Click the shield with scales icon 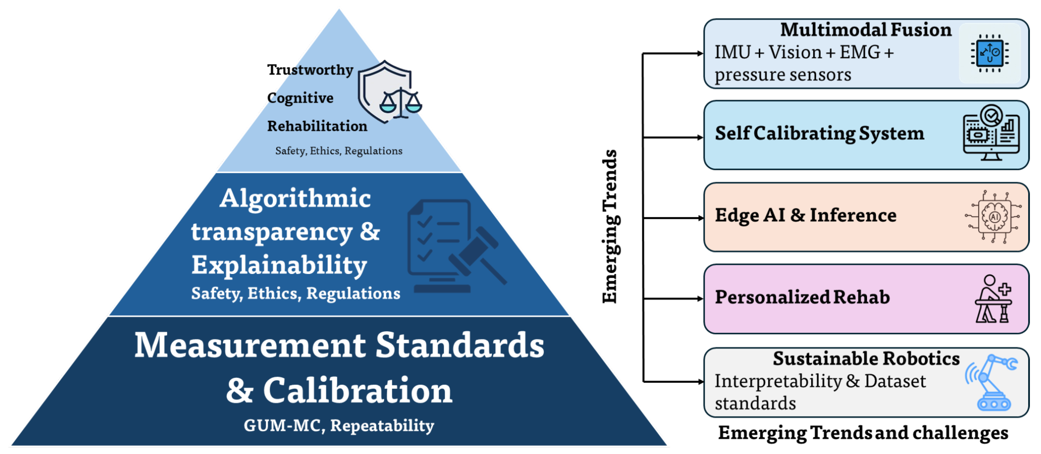coord(389,92)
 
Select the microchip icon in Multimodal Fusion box coord(989,53)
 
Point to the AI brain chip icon coord(993,217)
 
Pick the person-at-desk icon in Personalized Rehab coord(993,299)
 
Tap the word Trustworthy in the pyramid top coord(310,70)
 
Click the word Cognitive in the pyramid coord(300,98)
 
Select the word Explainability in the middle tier coord(279,265)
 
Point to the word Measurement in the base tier coord(250,346)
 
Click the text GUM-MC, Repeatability coord(339,425)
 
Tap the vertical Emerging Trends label coord(609,226)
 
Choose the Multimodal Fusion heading coord(866,30)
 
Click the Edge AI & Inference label coord(805,215)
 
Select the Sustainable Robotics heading coord(866,359)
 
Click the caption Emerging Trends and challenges coord(863,432)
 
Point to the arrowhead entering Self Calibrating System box coord(700,137)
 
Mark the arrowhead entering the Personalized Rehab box coord(700,299)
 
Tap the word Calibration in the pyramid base coord(357,391)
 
